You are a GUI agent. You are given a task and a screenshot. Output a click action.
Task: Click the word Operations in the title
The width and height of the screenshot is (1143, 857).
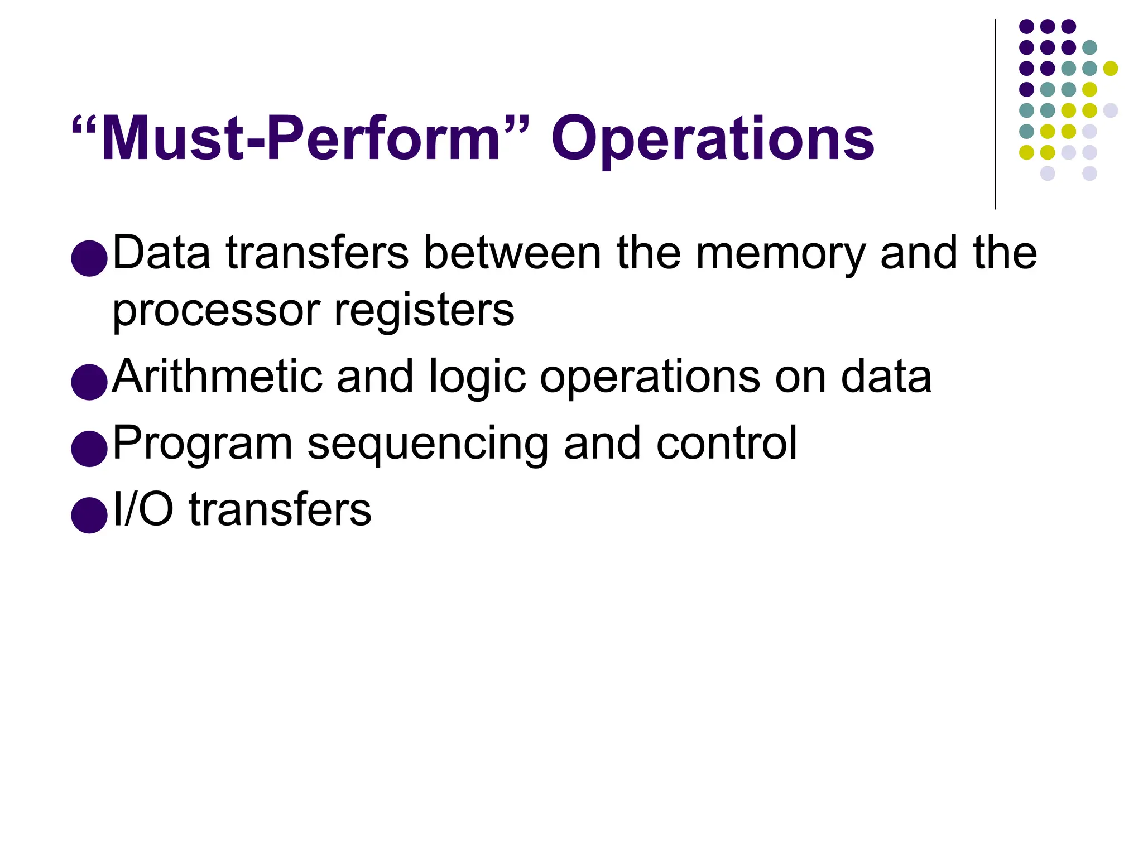[713, 139]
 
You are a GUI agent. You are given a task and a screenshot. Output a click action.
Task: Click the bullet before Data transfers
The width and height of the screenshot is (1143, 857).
[89, 258]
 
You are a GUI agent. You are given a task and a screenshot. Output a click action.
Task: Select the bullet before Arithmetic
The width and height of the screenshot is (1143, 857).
[89, 382]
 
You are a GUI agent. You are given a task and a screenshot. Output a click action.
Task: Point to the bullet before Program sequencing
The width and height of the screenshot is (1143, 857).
[89, 449]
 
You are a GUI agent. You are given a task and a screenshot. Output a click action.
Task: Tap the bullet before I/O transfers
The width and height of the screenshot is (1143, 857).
[89, 515]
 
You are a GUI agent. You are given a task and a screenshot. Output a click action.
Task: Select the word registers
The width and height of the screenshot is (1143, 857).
[424, 310]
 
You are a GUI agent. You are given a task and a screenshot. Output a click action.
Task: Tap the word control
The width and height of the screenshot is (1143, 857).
[727, 444]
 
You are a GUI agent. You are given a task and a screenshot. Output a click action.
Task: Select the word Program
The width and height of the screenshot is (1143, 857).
[203, 444]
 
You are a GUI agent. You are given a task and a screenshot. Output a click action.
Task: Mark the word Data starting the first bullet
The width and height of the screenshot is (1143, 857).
[162, 254]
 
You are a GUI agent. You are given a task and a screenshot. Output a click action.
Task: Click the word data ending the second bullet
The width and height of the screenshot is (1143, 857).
[886, 377]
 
